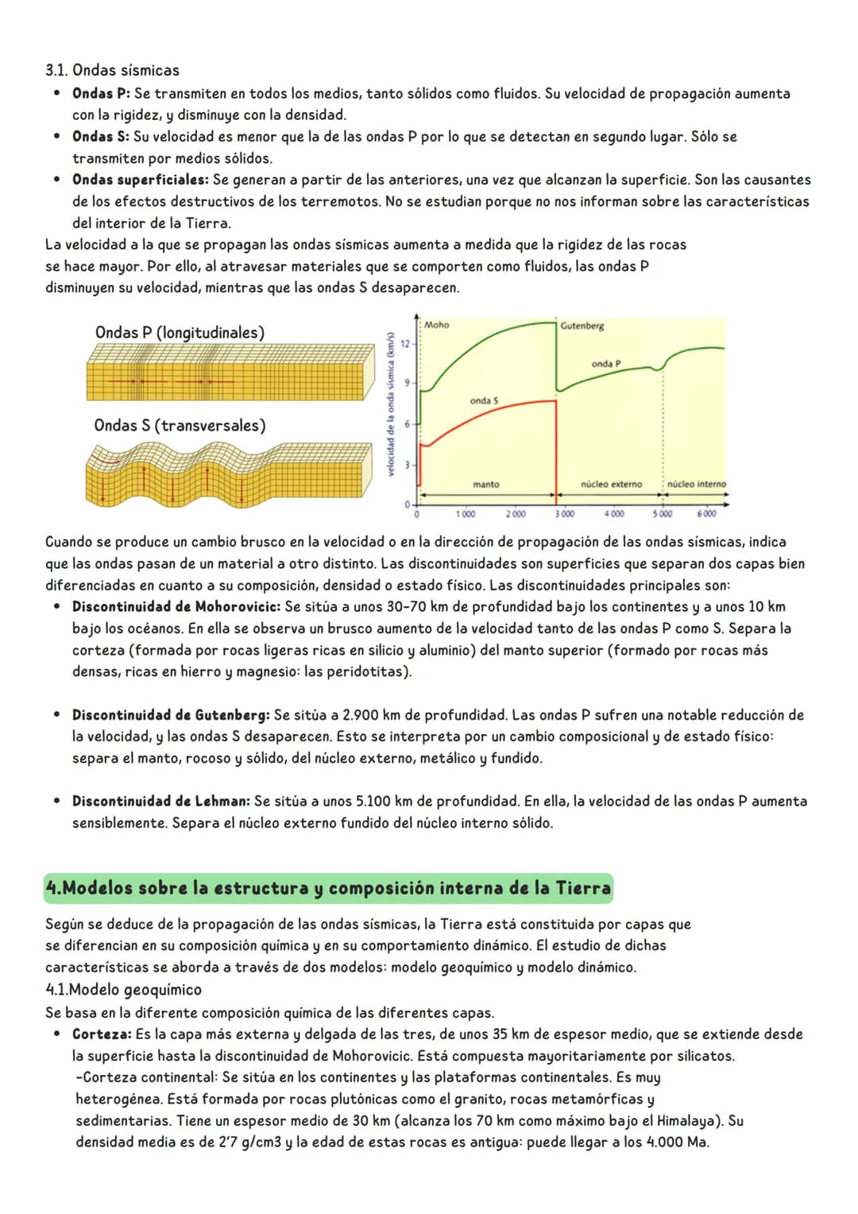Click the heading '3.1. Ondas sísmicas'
(112, 70)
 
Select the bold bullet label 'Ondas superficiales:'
(141, 180)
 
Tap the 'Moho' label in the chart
(436, 325)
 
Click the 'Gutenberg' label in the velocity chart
(582, 326)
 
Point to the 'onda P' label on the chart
(605, 364)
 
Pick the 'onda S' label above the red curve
(484, 400)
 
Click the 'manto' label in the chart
(485, 484)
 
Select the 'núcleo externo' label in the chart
(611, 484)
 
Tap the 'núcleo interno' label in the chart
(696, 484)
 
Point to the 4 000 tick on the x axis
(613, 514)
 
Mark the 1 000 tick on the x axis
(466, 514)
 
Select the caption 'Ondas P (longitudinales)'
(180, 332)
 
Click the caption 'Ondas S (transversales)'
(180, 425)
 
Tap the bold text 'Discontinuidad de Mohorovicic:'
(176, 606)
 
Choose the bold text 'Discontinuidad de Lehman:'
(160, 801)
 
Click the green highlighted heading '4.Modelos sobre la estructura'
(328, 887)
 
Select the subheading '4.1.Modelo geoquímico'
(123, 989)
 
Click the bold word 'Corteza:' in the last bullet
(101, 1034)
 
